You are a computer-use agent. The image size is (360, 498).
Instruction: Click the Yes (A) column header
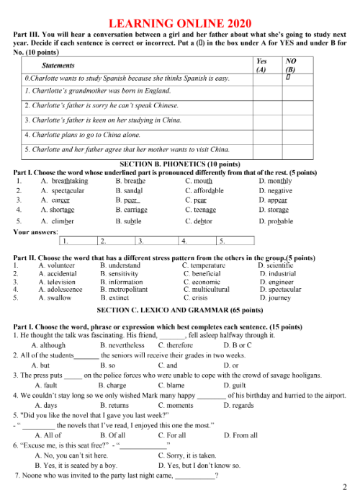tap(261, 66)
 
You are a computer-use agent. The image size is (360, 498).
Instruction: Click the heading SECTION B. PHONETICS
tap(180, 164)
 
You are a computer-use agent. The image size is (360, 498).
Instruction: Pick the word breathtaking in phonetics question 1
tap(69, 181)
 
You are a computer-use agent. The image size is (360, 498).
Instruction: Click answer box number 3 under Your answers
tap(154, 241)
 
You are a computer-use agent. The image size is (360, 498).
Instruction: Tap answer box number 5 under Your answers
tap(235, 241)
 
